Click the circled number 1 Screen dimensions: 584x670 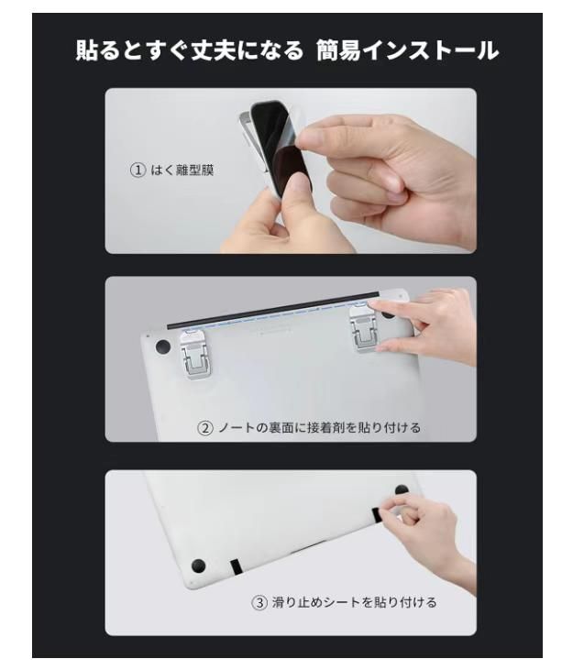[x=138, y=170]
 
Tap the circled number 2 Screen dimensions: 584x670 [x=205, y=428]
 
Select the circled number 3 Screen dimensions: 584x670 [x=259, y=603]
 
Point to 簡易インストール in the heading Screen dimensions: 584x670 [x=407, y=50]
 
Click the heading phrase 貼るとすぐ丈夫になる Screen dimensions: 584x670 [x=190, y=50]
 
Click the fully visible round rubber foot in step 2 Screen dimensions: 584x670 [x=163, y=346]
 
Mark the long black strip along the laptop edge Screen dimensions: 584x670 [x=273, y=310]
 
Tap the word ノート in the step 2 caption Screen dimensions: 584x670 [x=237, y=428]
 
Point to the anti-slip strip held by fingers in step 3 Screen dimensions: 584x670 [x=377, y=515]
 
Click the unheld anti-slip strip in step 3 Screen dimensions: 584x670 [x=236, y=566]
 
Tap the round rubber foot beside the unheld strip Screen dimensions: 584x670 [x=198, y=566]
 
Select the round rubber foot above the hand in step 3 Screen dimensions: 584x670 [x=402, y=489]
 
